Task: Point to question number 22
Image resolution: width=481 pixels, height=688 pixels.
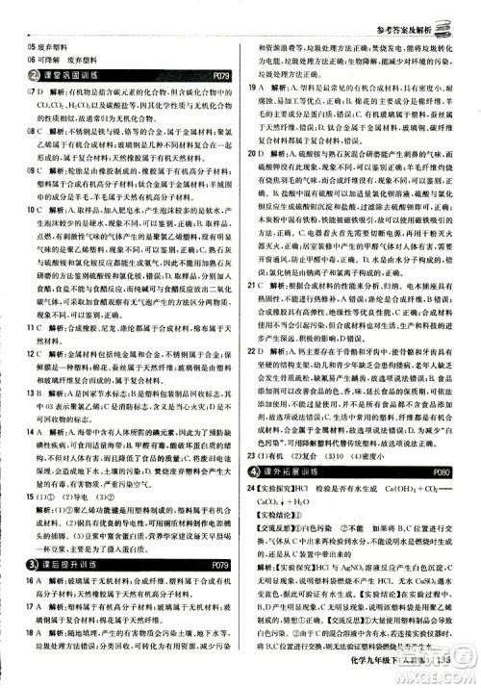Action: click(251, 328)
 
